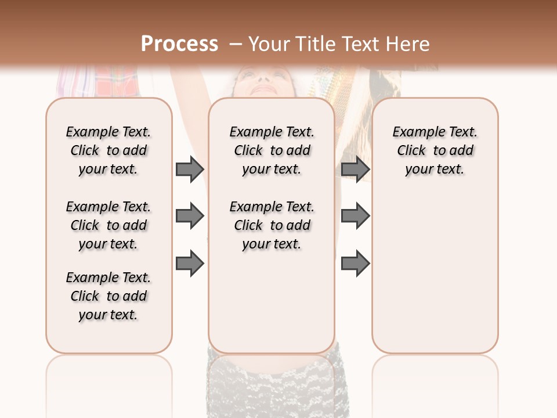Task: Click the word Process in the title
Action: coord(179,44)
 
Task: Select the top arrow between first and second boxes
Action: coord(190,169)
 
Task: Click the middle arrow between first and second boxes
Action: coord(190,216)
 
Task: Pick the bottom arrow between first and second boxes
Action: coord(190,264)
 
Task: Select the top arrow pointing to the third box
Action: coord(355,169)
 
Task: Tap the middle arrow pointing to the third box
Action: coord(355,216)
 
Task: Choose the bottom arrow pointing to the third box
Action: coord(355,264)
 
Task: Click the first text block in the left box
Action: coord(108,150)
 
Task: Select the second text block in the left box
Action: coord(108,225)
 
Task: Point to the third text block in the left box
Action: coord(108,296)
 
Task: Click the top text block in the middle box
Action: coord(272,150)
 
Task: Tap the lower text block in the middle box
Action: coord(272,225)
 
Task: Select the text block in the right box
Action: coord(435,150)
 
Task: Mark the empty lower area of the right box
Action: coord(435,273)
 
